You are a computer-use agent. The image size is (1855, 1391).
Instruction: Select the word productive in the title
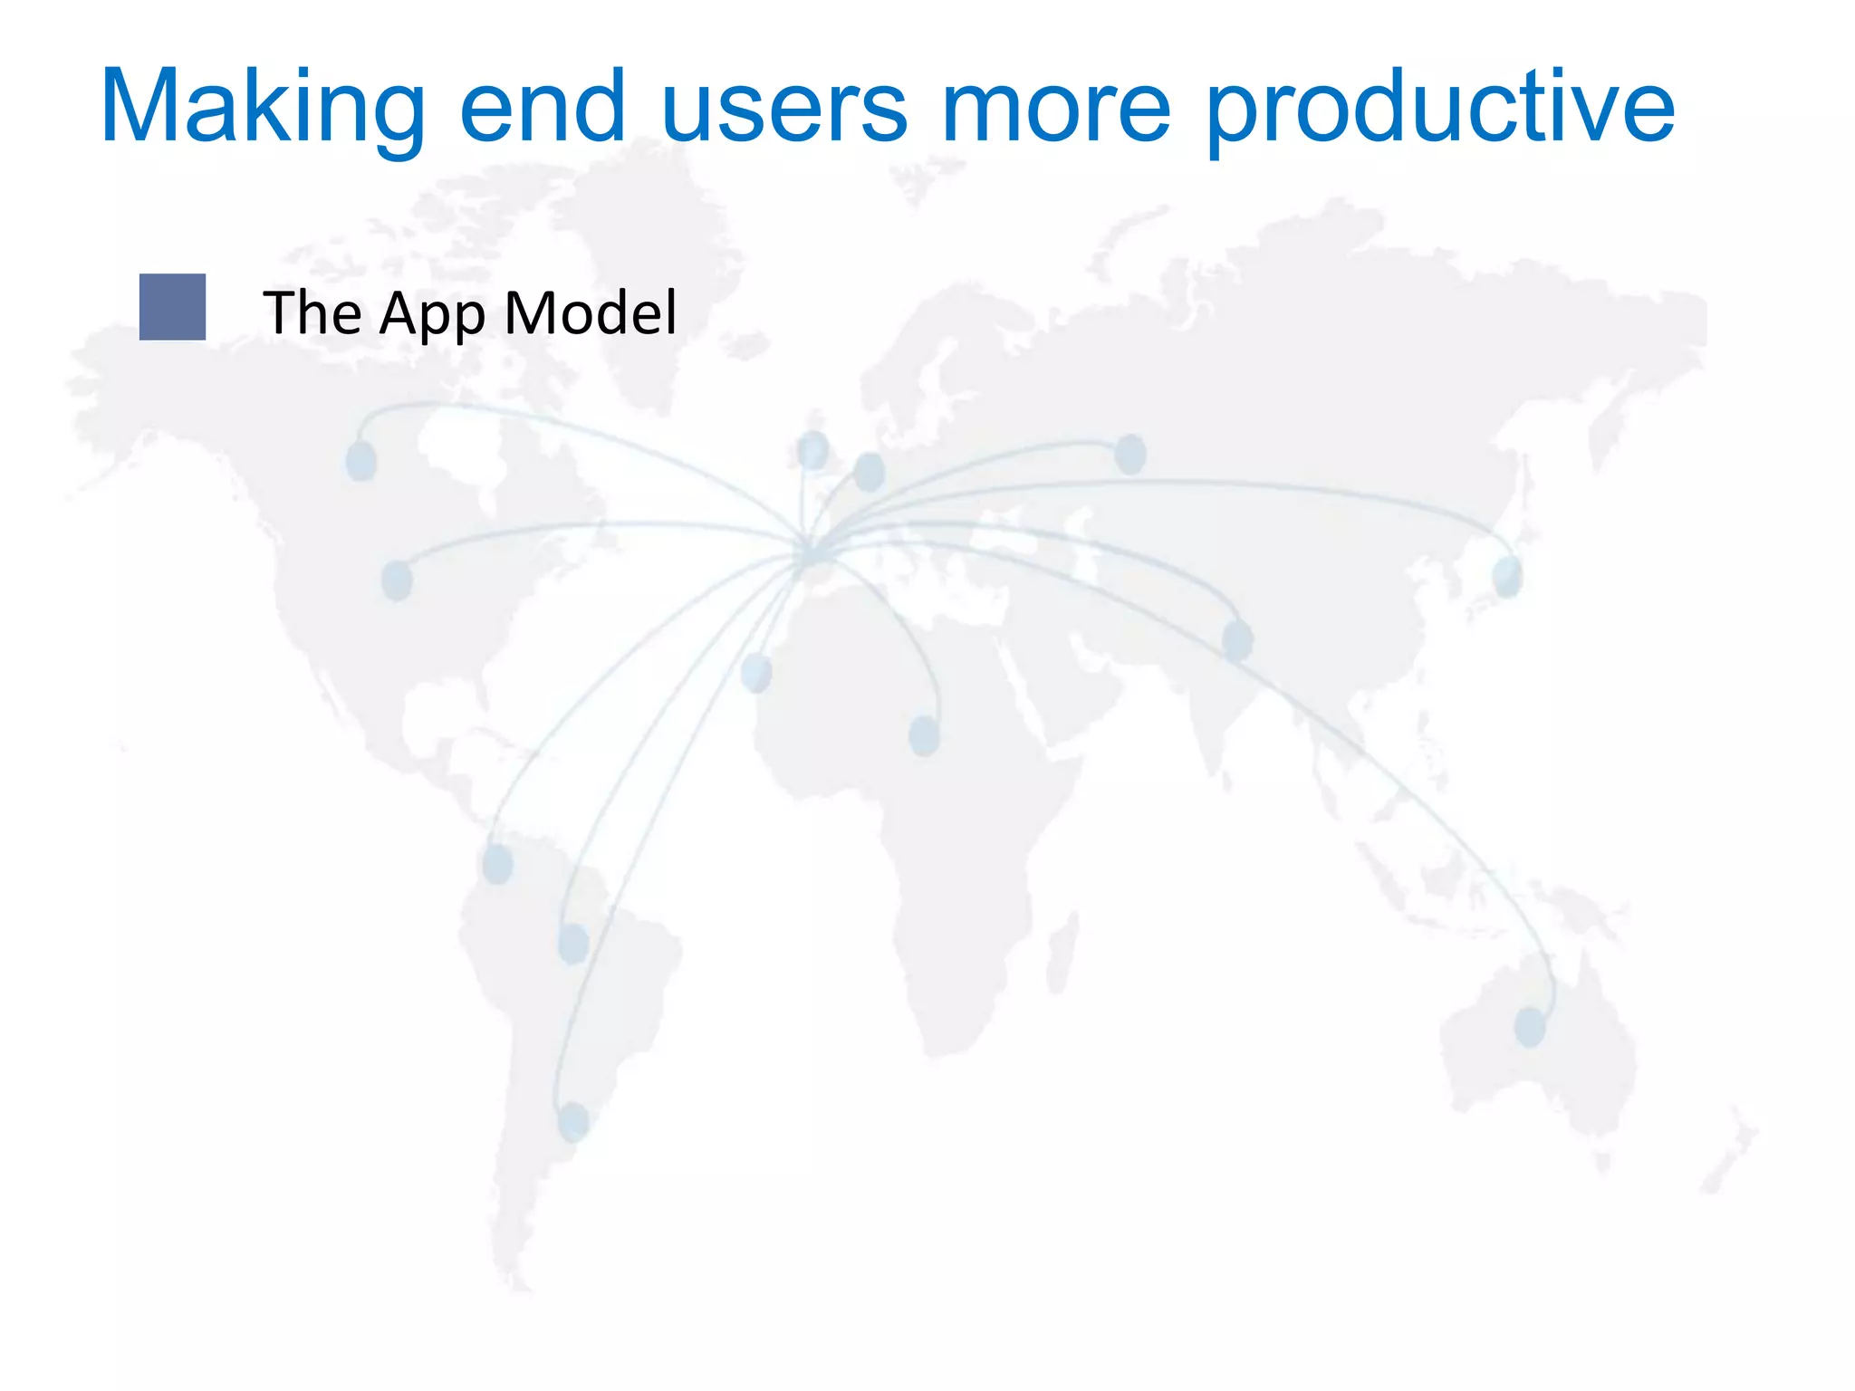click(x=1440, y=109)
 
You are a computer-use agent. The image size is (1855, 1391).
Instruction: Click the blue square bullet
click(x=172, y=307)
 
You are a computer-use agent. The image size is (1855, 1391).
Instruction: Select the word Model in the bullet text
click(x=590, y=313)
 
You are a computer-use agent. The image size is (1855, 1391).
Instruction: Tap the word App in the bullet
click(x=432, y=313)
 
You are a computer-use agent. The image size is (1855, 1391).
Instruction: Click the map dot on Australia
click(x=1530, y=1027)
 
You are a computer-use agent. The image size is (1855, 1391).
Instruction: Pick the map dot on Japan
click(x=1507, y=577)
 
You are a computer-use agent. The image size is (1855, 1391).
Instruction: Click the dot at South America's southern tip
click(x=573, y=1122)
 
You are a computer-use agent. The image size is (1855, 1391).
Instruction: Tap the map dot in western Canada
click(x=361, y=460)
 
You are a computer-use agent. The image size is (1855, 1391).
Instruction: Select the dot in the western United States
click(x=397, y=580)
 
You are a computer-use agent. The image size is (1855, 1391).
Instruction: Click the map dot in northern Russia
click(x=1129, y=454)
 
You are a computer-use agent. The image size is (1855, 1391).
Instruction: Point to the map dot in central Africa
click(x=924, y=735)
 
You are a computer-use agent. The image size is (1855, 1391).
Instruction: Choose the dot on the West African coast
click(x=756, y=672)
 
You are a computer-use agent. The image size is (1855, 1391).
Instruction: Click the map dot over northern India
click(x=1237, y=640)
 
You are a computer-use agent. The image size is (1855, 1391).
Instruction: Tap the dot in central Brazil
click(x=573, y=944)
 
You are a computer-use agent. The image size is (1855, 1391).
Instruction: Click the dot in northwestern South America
click(x=497, y=864)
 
